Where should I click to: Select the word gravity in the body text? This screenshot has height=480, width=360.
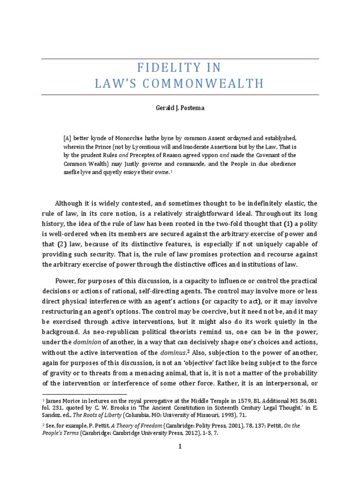coord(60,373)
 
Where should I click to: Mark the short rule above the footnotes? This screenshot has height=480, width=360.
coord(84,395)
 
